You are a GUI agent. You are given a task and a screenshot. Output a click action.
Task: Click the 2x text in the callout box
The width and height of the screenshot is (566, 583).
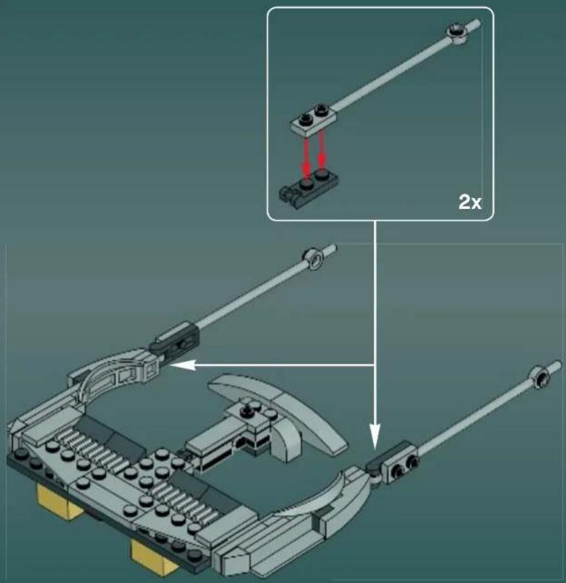[470, 201]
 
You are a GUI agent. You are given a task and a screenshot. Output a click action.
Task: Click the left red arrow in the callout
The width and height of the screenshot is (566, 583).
[307, 155]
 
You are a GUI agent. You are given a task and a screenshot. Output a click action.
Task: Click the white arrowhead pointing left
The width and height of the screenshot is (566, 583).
[178, 366]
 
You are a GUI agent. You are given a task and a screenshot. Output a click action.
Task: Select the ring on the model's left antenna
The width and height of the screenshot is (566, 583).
[314, 257]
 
